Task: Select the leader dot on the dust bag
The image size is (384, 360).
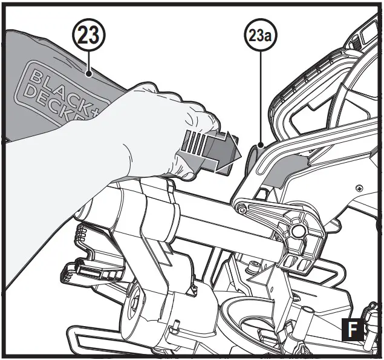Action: pos(89,74)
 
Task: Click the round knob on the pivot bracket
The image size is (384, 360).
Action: pos(297,232)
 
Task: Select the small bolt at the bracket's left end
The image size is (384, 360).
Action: pos(241,209)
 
